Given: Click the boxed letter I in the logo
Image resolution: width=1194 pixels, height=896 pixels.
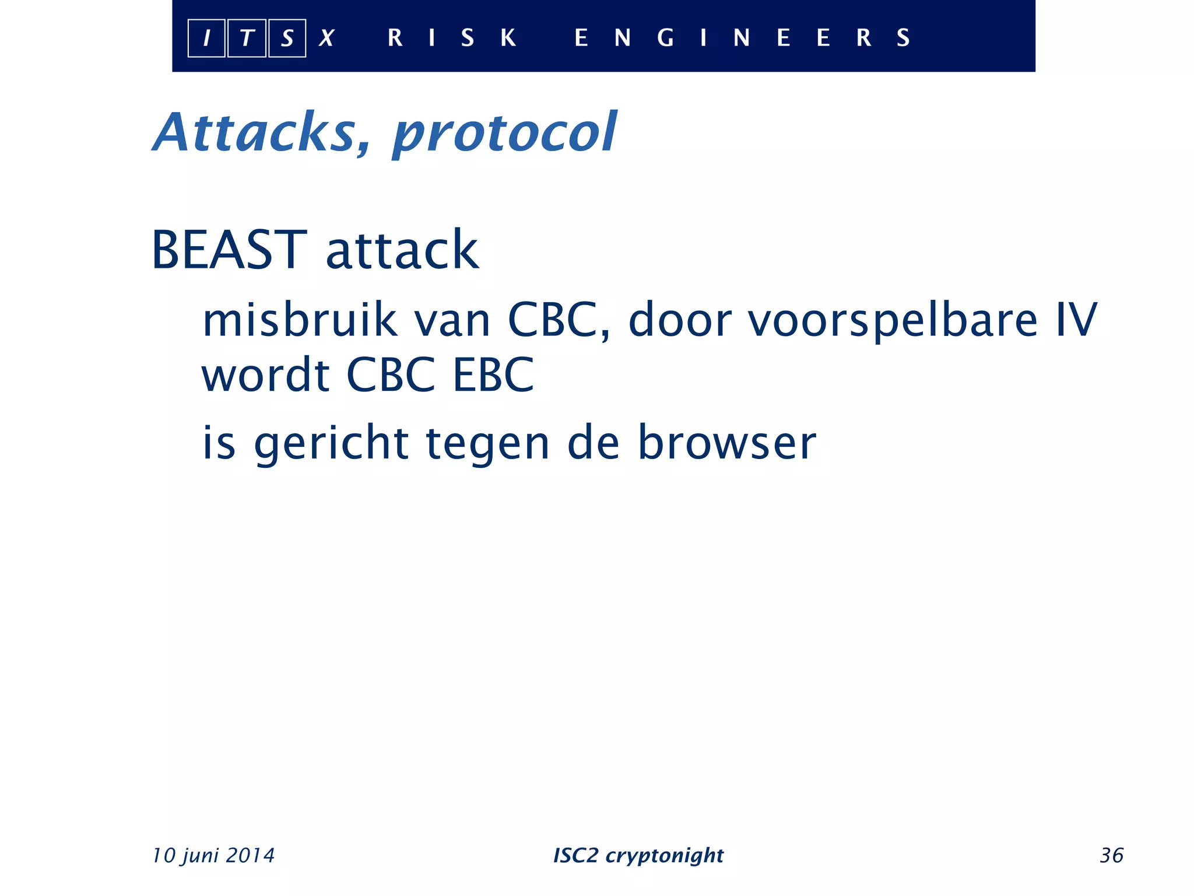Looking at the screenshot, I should [x=206, y=38].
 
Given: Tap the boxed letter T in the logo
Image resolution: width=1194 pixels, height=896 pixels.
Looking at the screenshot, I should [x=247, y=38].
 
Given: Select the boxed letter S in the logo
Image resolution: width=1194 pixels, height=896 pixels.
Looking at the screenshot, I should [x=287, y=38].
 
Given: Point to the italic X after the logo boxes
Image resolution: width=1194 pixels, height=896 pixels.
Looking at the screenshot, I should [x=326, y=38].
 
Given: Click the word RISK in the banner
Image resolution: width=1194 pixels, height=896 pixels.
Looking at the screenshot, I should [x=452, y=38].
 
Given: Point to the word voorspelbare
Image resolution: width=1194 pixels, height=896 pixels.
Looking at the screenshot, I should [x=893, y=321].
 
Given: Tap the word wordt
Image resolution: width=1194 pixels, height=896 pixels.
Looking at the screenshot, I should [x=266, y=374].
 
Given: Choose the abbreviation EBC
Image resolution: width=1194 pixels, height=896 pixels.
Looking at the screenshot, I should [x=493, y=374].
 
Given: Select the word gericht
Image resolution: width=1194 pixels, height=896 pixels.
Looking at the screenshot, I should [x=331, y=443].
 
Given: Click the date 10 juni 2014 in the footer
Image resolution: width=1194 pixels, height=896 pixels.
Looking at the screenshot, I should [x=213, y=856].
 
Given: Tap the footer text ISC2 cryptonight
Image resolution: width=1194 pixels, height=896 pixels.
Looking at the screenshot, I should [x=638, y=856].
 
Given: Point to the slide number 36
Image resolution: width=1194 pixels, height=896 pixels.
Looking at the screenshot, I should [x=1111, y=856].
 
